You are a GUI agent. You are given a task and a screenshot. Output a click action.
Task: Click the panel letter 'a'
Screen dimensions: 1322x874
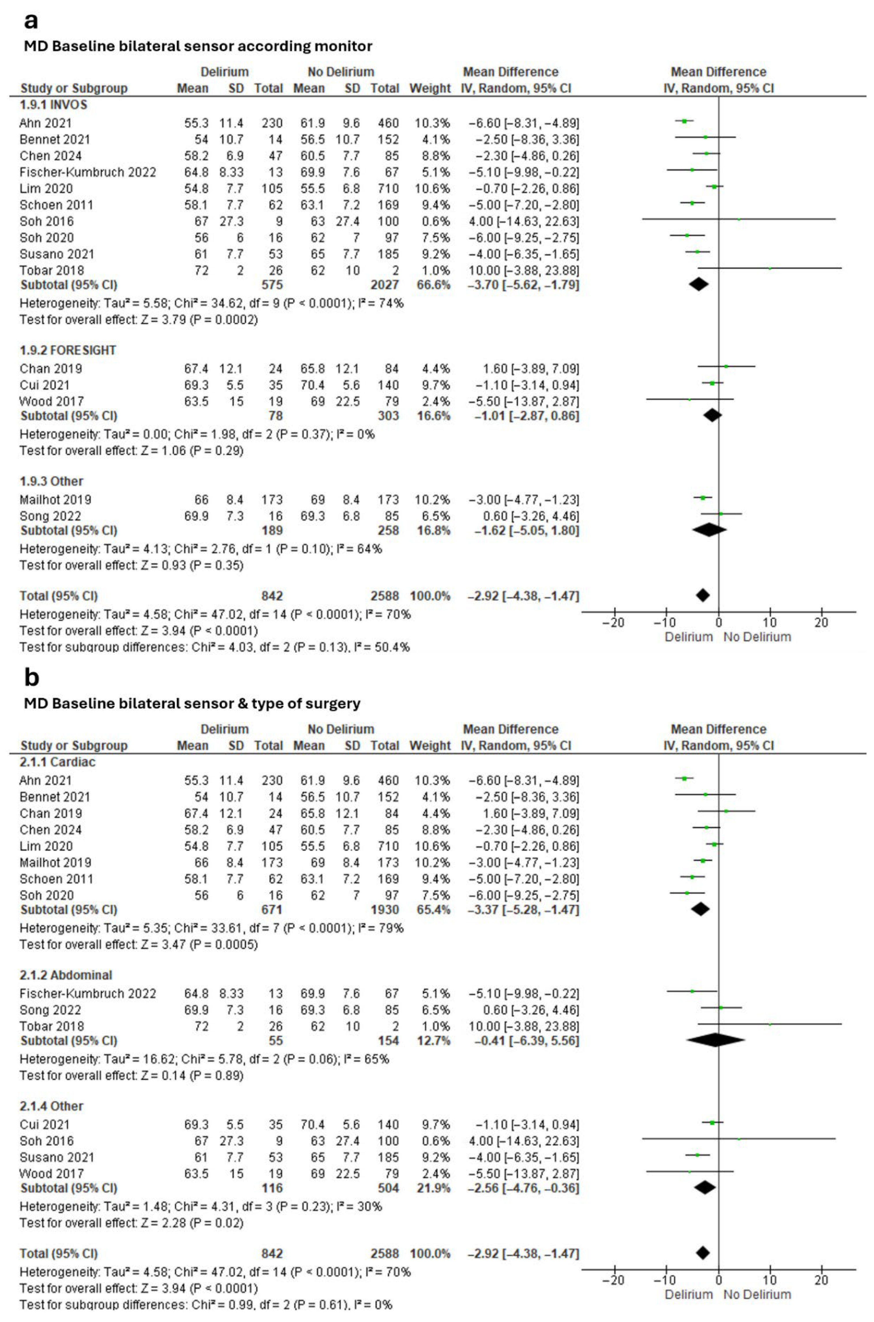click(31, 21)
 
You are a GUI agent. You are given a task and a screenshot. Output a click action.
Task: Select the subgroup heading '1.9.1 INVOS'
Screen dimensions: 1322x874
click(54, 105)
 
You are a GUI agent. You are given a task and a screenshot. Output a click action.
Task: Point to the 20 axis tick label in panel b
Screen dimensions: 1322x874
click(821, 1280)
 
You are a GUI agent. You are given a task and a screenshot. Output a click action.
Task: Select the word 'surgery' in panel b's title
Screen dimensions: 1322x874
click(336, 704)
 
